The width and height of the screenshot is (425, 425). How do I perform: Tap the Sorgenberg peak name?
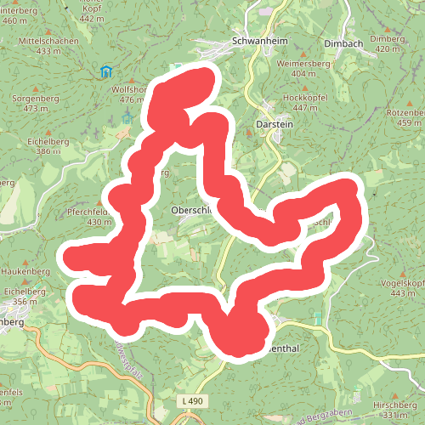[x=46, y=98]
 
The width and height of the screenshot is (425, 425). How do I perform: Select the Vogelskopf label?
[x=403, y=282]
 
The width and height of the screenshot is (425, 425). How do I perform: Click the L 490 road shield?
[x=193, y=400]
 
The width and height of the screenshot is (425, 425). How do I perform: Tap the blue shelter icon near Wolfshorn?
[x=105, y=71]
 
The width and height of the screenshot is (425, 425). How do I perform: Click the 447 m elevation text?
[x=316, y=108]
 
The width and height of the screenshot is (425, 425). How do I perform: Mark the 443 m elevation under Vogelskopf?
[x=403, y=293]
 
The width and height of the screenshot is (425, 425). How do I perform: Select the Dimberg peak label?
[x=387, y=39]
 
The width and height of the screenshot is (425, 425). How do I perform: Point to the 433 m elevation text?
[x=49, y=51]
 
